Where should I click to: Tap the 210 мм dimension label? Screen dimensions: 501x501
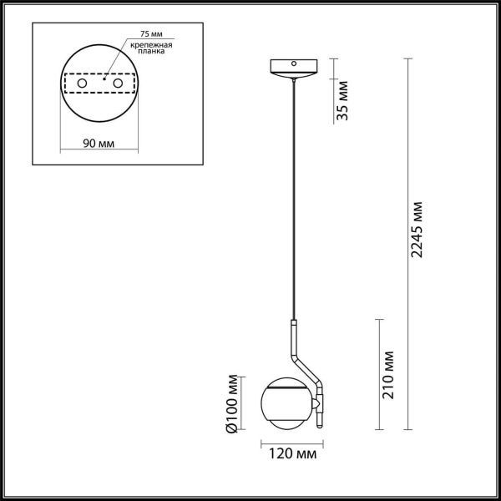tap(390, 375)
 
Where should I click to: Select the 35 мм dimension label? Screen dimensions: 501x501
tap(343, 103)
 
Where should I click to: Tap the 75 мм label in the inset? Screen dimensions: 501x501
tap(140, 35)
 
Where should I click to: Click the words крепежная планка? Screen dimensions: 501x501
tap(151, 48)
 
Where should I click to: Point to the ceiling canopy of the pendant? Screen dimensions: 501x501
tap(293, 68)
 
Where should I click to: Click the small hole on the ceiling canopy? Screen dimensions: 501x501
tap(293, 63)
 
